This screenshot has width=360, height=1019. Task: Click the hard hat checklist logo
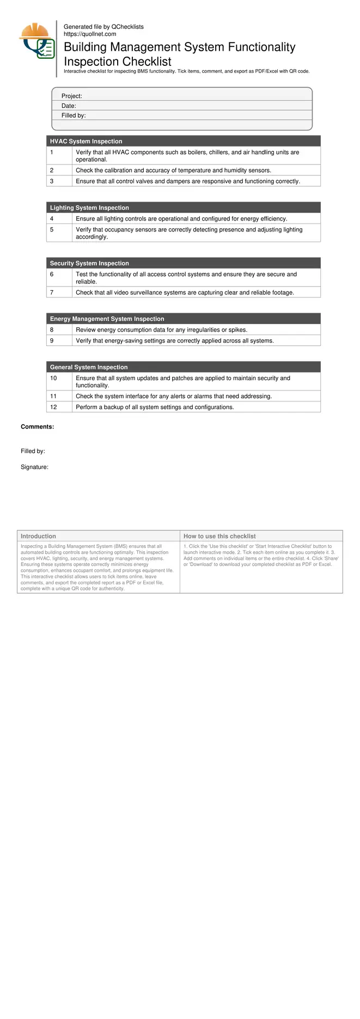(37, 41)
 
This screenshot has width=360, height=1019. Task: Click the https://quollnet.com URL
(90, 34)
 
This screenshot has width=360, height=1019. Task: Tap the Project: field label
(71, 96)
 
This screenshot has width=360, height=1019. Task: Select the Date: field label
(69, 106)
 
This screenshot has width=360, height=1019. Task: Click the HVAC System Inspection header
(86, 141)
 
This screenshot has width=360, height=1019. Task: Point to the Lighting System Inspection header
(89, 208)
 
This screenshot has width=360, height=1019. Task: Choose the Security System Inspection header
(89, 263)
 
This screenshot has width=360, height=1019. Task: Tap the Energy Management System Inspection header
(107, 319)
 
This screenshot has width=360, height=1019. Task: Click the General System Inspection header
(89, 367)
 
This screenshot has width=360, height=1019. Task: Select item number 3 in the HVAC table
(52, 181)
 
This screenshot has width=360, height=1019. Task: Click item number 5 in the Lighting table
(52, 229)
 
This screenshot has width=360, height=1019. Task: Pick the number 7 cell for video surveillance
(52, 292)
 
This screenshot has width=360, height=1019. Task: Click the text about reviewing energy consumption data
(161, 330)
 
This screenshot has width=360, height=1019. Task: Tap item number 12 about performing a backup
(53, 407)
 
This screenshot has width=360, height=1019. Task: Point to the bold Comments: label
(37, 426)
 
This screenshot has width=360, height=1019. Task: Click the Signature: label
(34, 467)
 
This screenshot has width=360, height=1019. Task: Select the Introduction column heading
(38, 536)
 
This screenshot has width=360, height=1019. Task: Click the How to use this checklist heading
(219, 536)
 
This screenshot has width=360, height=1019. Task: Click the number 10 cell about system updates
(53, 378)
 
